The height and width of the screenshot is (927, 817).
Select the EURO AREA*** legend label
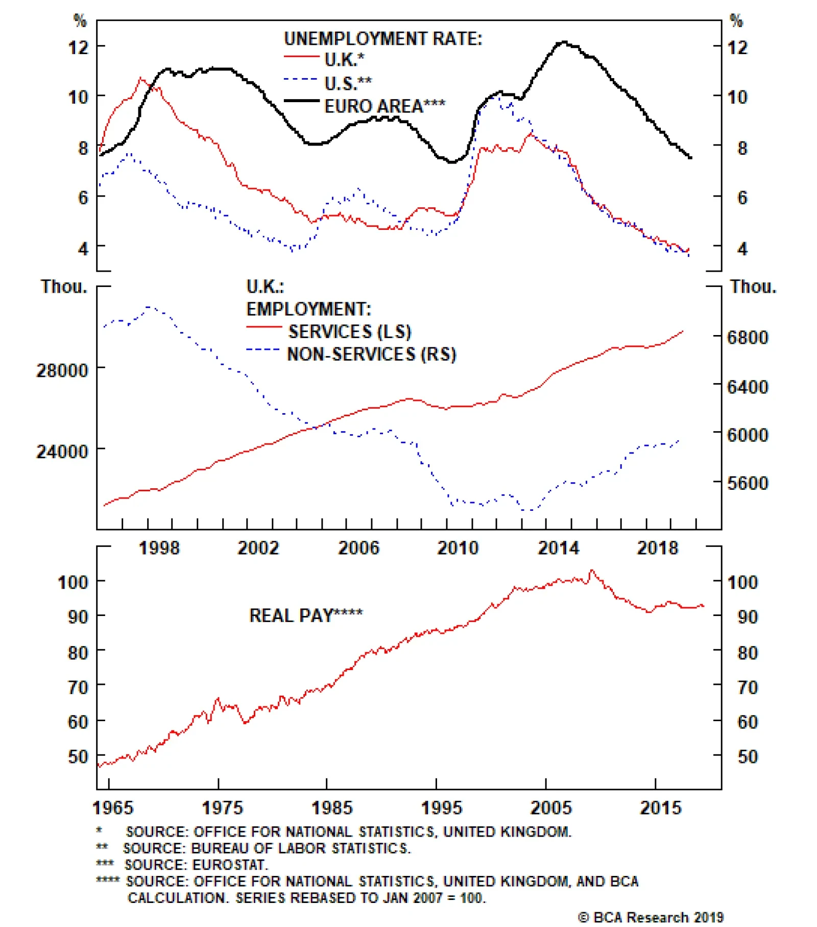coord(385,106)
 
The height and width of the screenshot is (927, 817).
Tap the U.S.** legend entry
coord(348,83)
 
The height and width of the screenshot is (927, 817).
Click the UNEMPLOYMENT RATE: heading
coord(382,39)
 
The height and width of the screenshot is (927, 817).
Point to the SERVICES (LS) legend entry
coord(349,331)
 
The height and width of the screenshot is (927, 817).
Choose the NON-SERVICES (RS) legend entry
coord(371,354)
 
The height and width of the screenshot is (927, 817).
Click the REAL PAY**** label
coord(305,615)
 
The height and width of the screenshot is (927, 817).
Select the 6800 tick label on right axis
coord(748,338)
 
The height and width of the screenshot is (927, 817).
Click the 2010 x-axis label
coord(458,548)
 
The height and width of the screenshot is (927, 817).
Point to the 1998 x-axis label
coord(159,548)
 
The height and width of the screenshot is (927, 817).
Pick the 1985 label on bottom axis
coord(332,807)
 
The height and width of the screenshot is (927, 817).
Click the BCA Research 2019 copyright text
coord(651,917)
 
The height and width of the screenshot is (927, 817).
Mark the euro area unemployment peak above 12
coord(564,42)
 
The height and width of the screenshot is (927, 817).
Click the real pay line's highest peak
coord(592,571)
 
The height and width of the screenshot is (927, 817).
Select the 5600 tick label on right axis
coord(748,483)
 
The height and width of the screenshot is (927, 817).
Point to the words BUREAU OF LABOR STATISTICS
coord(300,848)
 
